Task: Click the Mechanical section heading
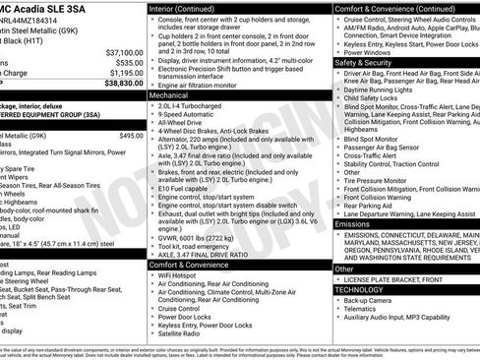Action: (171, 97)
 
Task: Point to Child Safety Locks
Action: (375, 98)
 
